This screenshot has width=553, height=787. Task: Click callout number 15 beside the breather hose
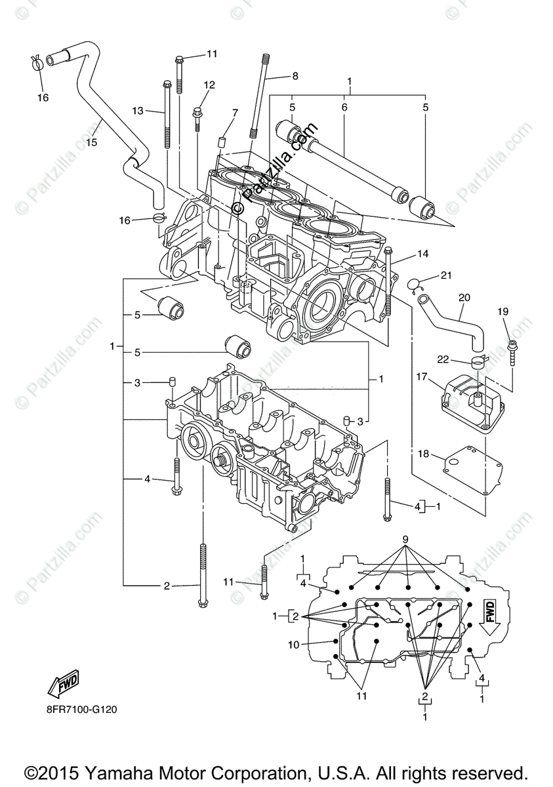pyautogui.click(x=91, y=142)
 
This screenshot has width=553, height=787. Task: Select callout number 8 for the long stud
pyautogui.click(x=295, y=76)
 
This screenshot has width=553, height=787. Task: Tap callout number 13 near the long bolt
pyautogui.click(x=137, y=111)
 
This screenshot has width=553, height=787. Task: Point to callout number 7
pyautogui.click(x=235, y=113)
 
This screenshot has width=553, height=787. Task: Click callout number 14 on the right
pyautogui.click(x=422, y=253)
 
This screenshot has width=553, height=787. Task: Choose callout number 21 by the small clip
pyautogui.click(x=446, y=275)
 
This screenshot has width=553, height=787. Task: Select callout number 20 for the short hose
pyautogui.click(x=464, y=297)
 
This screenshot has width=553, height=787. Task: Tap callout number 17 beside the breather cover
pyautogui.click(x=420, y=377)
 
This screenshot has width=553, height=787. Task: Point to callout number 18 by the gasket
pyautogui.click(x=423, y=453)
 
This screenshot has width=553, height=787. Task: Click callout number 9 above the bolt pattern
pyautogui.click(x=405, y=540)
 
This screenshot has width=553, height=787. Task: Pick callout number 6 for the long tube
pyautogui.click(x=344, y=107)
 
